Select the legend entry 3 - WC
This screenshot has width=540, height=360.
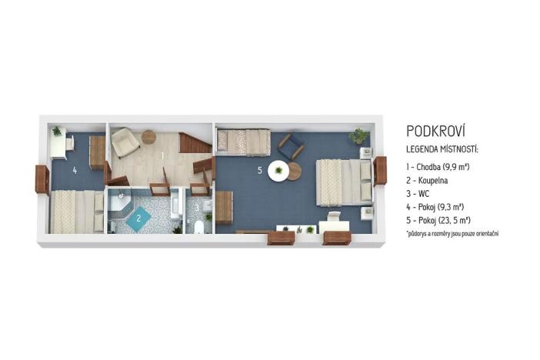[419, 193]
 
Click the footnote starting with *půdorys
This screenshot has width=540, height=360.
[452, 233]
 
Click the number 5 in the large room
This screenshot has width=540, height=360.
[260, 169]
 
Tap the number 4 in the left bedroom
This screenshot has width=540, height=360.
[75, 169]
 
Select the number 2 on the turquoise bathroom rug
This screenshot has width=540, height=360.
[138, 218]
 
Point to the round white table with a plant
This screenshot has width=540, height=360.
[278, 170]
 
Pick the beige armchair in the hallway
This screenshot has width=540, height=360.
[125, 142]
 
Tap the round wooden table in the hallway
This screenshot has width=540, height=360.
[148, 138]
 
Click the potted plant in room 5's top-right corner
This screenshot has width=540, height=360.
[358, 136]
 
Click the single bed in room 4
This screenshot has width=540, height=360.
[76, 211]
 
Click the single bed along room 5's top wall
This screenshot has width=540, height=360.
[243, 141]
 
